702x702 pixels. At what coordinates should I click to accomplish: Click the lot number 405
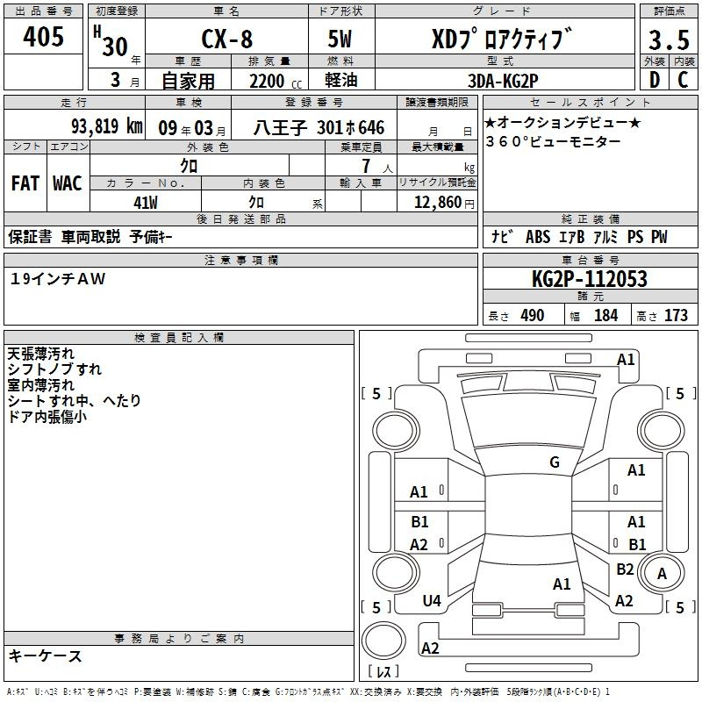[x=43, y=36]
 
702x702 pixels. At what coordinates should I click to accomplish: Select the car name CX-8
[x=227, y=39]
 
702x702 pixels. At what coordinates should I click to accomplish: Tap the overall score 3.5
[x=669, y=39]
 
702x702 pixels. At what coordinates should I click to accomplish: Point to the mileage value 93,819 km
[x=107, y=126]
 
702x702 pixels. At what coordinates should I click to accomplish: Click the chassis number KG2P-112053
[x=590, y=278]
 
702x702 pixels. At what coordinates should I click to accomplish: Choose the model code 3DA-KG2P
[x=503, y=81]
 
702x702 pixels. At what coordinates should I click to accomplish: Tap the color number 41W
[x=146, y=203]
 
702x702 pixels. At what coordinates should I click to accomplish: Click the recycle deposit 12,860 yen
[x=444, y=203]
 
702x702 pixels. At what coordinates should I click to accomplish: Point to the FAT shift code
[x=25, y=183]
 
